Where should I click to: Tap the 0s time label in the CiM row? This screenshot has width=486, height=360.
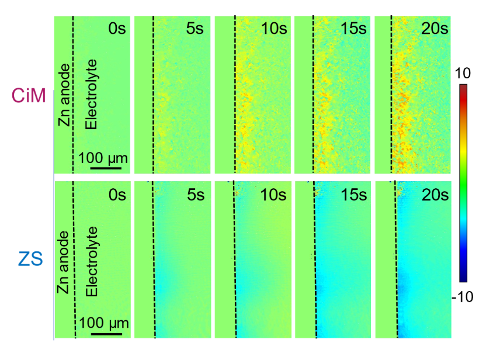point(117,29)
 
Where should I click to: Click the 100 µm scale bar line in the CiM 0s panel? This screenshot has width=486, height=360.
point(106,168)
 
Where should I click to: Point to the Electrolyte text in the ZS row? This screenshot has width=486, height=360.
point(91,260)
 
